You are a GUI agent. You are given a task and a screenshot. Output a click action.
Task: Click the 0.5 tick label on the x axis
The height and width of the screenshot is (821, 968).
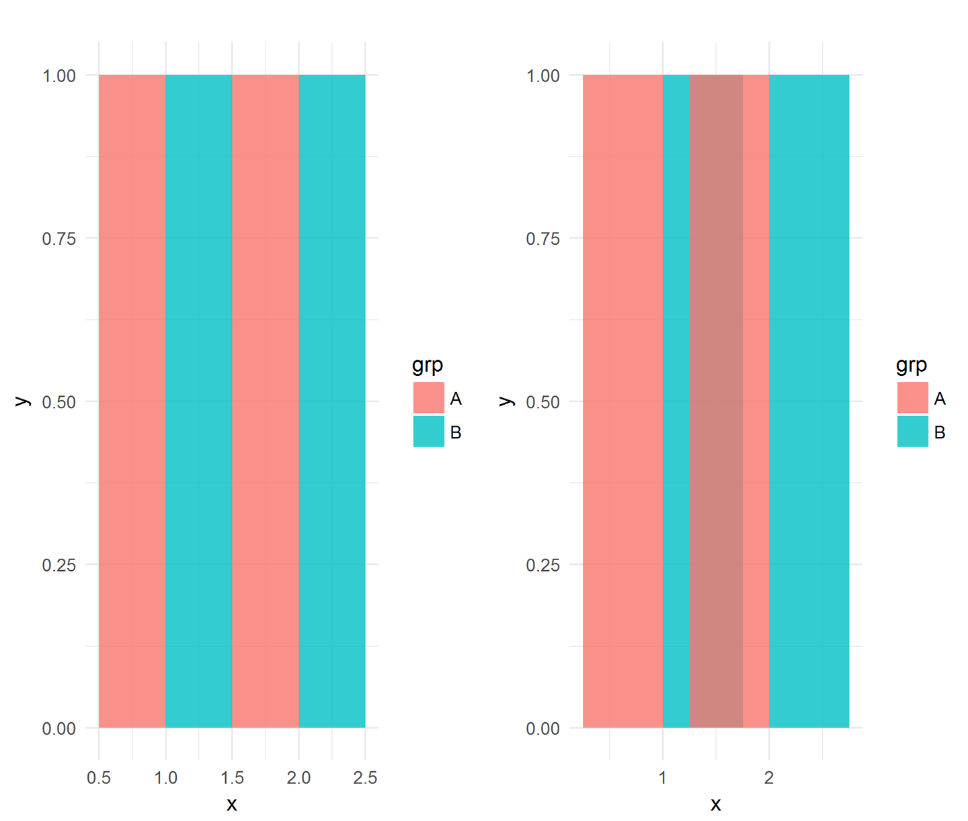(99, 778)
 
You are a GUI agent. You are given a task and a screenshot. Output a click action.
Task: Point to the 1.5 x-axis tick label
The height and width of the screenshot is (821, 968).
(232, 778)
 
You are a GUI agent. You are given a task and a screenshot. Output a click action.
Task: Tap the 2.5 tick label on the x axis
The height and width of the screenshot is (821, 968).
(365, 778)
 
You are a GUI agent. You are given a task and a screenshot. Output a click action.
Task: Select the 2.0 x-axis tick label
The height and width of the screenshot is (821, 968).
(298, 778)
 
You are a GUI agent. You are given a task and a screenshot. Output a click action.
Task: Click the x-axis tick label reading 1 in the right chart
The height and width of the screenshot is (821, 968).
(663, 778)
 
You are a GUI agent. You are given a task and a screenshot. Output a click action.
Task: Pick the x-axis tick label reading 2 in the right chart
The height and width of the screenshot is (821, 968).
(769, 778)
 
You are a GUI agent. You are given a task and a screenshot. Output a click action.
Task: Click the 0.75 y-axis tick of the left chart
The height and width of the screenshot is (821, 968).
(59, 239)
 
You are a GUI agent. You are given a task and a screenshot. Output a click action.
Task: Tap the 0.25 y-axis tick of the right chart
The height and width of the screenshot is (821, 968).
(543, 565)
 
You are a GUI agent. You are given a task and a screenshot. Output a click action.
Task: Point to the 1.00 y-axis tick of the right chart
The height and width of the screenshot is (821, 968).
(543, 76)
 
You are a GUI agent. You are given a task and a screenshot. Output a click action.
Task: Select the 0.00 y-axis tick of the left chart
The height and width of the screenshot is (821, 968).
(59, 729)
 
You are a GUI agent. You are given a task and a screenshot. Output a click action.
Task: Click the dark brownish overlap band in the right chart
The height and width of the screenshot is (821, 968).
(716, 401)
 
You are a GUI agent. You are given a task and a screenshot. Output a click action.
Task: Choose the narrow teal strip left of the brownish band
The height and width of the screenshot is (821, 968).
(676, 401)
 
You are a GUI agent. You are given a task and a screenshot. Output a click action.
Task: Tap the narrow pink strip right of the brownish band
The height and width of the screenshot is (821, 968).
(756, 401)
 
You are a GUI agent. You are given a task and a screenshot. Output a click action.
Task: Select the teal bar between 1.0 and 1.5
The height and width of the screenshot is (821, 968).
(199, 401)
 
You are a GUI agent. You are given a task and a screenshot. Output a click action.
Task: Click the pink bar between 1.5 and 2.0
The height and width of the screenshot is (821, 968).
(266, 401)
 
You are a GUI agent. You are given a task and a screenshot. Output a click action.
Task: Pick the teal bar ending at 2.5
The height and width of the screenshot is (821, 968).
(332, 401)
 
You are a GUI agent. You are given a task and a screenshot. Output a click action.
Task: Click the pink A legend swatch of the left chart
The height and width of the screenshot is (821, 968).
(429, 398)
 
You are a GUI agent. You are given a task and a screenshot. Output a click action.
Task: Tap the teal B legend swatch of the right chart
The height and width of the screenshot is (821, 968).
(913, 432)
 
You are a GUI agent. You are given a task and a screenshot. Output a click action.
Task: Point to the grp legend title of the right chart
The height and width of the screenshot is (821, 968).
(912, 365)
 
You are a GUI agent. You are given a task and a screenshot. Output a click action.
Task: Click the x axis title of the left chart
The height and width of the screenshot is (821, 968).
(232, 804)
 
